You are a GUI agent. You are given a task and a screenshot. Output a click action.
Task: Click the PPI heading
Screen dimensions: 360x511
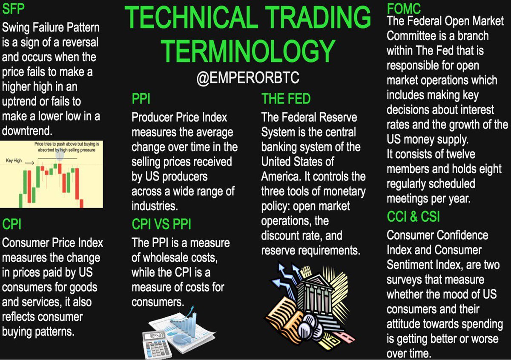[x=141, y=100]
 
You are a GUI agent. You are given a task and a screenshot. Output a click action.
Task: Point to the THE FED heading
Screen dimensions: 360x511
[x=286, y=99]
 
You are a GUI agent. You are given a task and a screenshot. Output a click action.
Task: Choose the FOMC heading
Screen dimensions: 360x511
[x=404, y=8]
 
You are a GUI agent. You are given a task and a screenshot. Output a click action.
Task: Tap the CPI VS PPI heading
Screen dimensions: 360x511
[x=162, y=225]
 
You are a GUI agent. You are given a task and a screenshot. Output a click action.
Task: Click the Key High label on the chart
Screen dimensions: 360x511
[x=14, y=161]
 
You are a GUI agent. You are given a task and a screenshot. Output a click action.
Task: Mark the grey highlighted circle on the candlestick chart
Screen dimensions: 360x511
[x=60, y=155]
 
